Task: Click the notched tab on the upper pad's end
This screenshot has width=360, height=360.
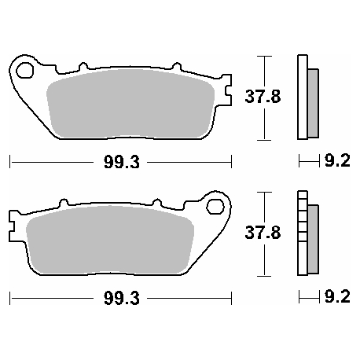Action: (229, 94)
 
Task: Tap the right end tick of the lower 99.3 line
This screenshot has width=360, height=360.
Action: (233, 300)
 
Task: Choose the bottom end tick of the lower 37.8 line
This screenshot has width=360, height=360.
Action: (266, 275)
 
